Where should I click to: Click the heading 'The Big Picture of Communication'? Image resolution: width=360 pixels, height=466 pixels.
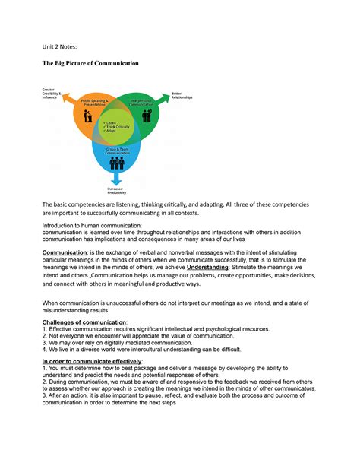point(90,63)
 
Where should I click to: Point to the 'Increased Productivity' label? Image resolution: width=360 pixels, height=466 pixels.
point(116,191)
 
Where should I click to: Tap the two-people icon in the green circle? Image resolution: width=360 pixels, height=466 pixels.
point(146,117)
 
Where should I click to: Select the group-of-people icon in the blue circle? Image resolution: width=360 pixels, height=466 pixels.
point(116,162)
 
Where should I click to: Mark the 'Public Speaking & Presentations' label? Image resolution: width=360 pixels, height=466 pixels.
point(94,103)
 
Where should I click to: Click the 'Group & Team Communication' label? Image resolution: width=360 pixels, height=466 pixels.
point(116,151)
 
